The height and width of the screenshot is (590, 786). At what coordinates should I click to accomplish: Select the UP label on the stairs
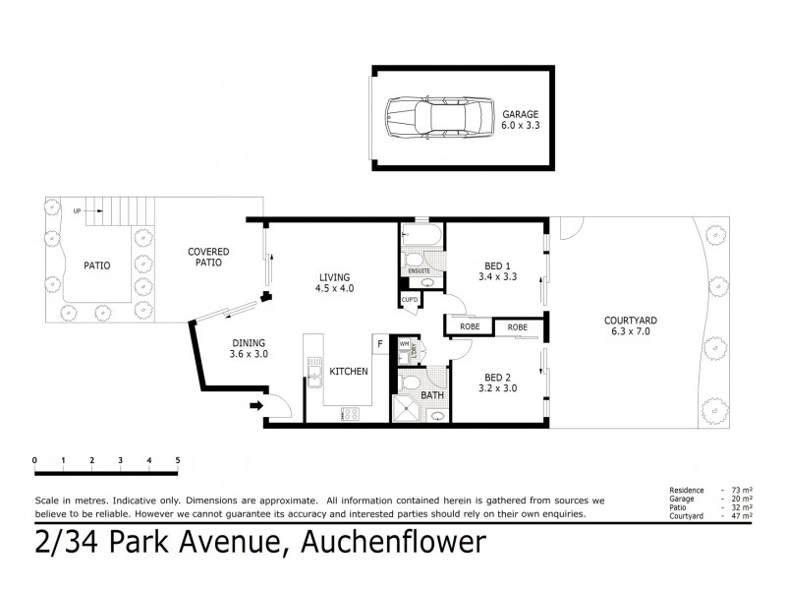point(77,209)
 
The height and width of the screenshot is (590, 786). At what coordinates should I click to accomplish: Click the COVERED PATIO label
point(207,257)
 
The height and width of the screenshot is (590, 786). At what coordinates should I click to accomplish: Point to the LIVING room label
point(333,282)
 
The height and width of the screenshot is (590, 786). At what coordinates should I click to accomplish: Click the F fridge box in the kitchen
point(378,343)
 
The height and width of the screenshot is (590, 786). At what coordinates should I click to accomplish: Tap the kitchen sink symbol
point(314,373)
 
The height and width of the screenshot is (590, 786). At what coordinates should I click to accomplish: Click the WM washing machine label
point(404,343)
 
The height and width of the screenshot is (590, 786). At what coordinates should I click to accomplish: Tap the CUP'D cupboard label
point(410,299)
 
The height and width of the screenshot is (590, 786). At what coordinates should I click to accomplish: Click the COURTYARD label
point(631,326)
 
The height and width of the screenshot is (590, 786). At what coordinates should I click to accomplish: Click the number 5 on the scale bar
point(178,459)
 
